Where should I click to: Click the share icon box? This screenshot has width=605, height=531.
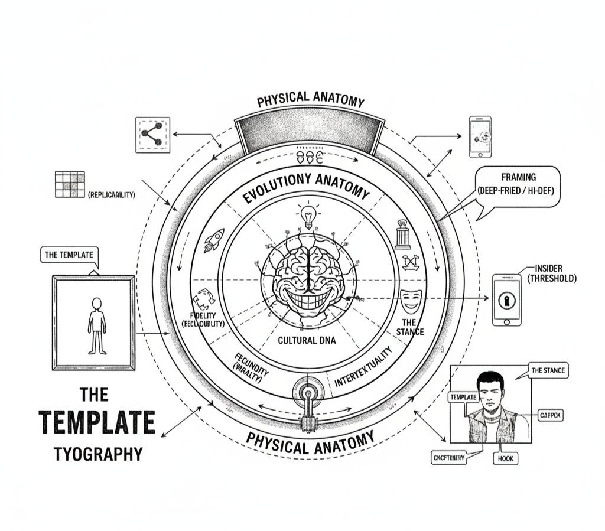[x=153, y=135]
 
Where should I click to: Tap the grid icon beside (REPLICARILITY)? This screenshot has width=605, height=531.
[x=69, y=184]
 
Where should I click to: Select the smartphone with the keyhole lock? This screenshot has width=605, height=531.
[x=507, y=299]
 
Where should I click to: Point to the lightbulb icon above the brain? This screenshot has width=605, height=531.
[x=307, y=216]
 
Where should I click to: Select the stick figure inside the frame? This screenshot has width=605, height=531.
[x=97, y=325]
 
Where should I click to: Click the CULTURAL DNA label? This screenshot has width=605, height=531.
[x=307, y=340]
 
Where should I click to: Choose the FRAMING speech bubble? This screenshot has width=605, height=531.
[x=518, y=186]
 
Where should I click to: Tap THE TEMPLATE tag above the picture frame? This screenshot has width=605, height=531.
[x=69, y=255]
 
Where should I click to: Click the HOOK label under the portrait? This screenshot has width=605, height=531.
[x=506, y=458]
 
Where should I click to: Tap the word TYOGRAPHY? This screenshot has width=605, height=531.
[x=97, y=454]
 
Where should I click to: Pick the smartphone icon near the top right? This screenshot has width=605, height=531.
[x=480, y=136]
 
